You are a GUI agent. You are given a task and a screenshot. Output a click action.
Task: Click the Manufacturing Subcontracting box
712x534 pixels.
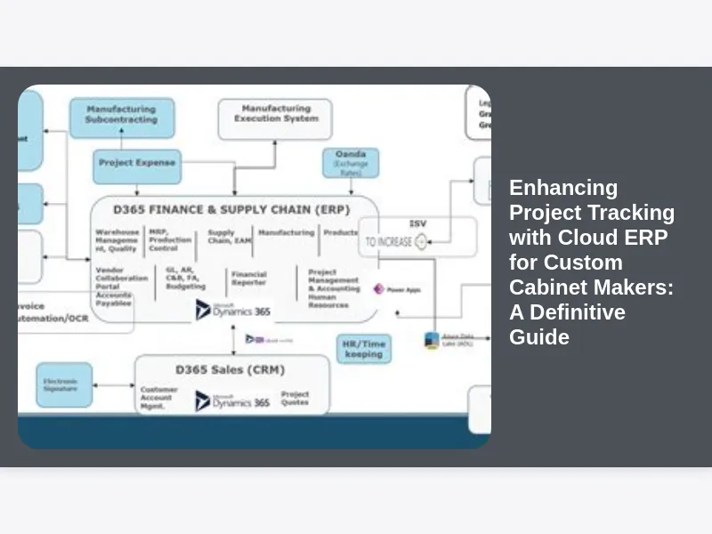pos(122,115)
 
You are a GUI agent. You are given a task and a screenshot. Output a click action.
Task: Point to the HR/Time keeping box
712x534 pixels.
pos(363,348)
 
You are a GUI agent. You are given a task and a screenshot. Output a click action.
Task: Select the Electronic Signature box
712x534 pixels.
pos(63,384)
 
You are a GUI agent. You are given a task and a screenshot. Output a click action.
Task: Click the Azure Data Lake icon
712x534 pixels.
pos(432,340)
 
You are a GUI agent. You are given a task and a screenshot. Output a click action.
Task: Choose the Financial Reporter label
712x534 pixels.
pos(249,278)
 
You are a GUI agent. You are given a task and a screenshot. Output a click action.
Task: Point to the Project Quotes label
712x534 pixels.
pos(295,398)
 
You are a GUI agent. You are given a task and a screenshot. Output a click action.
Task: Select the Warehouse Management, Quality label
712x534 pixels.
pos(117,240)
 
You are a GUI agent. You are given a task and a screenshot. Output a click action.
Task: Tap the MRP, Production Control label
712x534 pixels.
pos(170,240)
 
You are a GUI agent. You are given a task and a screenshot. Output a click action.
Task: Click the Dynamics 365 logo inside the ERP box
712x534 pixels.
pos(233,311)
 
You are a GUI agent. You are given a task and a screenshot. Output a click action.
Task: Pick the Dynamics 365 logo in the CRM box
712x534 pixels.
pos(233,401)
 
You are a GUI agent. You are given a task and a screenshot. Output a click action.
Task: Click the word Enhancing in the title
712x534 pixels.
pos(563,188)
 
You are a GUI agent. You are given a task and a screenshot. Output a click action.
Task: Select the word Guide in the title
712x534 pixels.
pos(539,337)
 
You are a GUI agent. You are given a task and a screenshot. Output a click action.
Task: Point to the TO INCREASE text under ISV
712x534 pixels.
pos(388,241)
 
